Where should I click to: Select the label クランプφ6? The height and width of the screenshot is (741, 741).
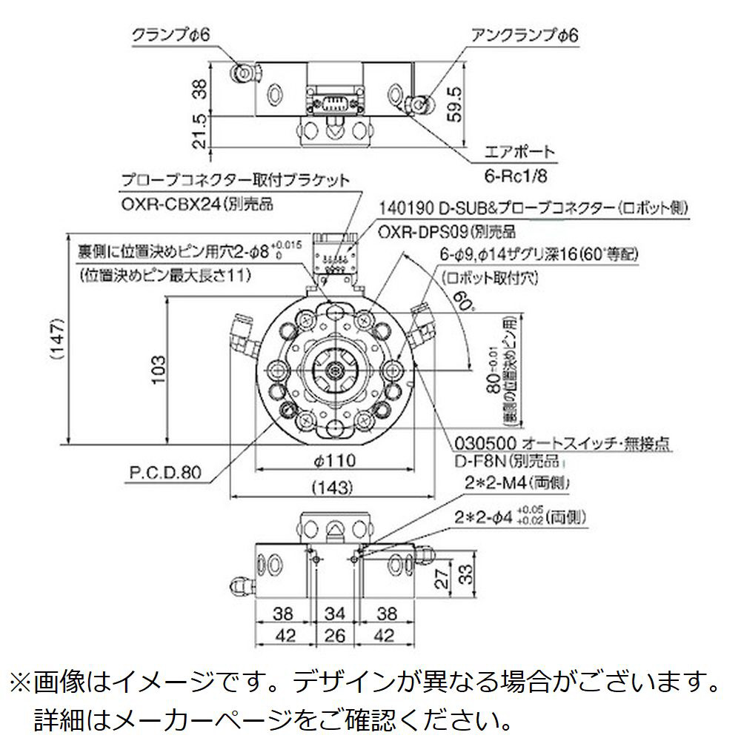[171, 34]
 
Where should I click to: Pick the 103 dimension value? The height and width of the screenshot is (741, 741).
[157, 368]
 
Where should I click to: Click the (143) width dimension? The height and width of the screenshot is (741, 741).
[328, 487]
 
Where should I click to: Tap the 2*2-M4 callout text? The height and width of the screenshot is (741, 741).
[491, 484]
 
